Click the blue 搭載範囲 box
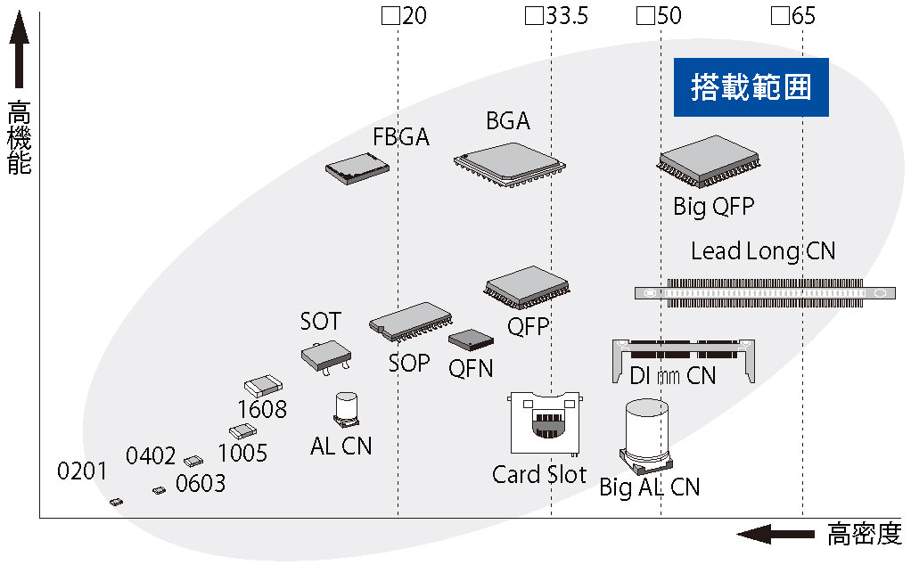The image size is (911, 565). point(751,87)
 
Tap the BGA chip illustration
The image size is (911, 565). point(510,164)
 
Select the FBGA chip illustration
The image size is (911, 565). point(357,169)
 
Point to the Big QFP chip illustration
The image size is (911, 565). point(709,161)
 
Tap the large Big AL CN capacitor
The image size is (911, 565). point(646,434)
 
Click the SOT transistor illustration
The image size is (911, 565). point(326,357)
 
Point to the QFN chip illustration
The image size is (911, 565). point(471,340)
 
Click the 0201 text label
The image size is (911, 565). point(82,471)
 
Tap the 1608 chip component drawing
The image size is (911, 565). point(263,386)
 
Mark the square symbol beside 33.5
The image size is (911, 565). point(533,16)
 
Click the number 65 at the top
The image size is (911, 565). point(803,16)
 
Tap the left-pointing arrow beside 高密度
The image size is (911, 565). point(775,534)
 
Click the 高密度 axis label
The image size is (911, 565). point(865,534)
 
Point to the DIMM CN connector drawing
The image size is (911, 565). point(683,361)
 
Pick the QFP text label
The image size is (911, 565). point(528,327)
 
